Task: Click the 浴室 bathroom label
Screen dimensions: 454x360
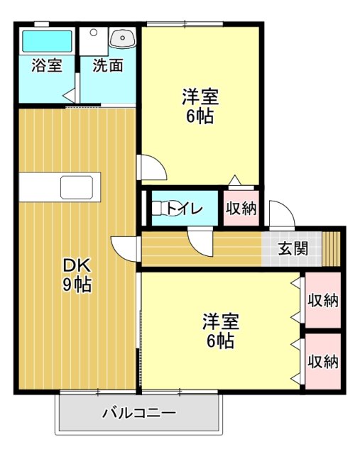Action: click(46, 66)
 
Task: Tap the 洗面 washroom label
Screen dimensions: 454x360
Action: click(108, 66)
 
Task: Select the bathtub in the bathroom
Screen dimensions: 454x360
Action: click(47, 40)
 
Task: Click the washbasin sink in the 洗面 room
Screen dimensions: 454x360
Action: click(121, 37)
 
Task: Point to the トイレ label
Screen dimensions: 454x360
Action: click(185, 209)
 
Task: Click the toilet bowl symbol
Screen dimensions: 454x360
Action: click(160, 209)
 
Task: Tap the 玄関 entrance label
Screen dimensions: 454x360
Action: click(293, 248)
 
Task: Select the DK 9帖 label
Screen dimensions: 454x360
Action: click(77, 275)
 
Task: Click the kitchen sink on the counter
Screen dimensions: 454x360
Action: click(75, 187)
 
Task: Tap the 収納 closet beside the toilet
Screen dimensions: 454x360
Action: click(241, 209)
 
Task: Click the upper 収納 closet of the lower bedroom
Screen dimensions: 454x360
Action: click(322, 299)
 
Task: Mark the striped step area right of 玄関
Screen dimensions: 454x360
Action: click(331, 248)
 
